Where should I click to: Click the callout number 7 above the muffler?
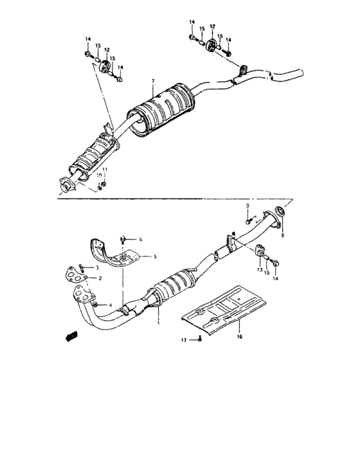click(154, 81)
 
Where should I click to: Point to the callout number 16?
click(239, 336)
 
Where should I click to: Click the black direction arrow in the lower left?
click(70, 336)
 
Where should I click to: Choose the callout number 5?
click(155, 256)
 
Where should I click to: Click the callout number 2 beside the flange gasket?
click(101, 278)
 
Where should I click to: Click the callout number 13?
click(260, 271)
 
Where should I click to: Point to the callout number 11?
click(105, 169)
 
